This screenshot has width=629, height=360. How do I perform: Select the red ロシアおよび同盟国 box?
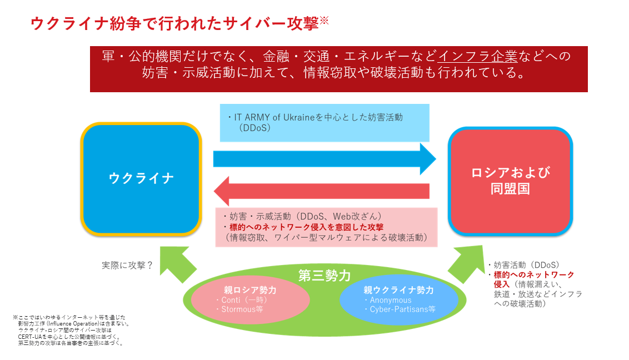pyautogui.click(x=510, y=181)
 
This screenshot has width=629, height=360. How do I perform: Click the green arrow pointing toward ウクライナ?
pyautogui.click(x=177, y=263)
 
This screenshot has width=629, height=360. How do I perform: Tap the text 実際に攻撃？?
pyautogui.click(x=127, y=266)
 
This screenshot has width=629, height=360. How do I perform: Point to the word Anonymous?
pyautogui.click(x=391, y=301)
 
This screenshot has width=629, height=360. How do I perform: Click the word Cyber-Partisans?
pyautogui.click(x=398, y=309)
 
